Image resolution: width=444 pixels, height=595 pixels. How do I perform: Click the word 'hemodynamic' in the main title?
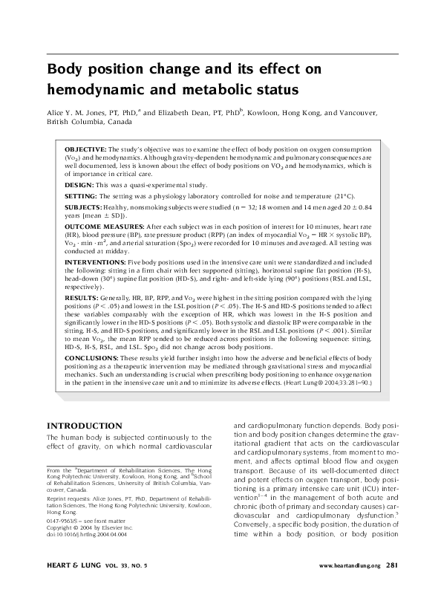(x=89, y=90)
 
